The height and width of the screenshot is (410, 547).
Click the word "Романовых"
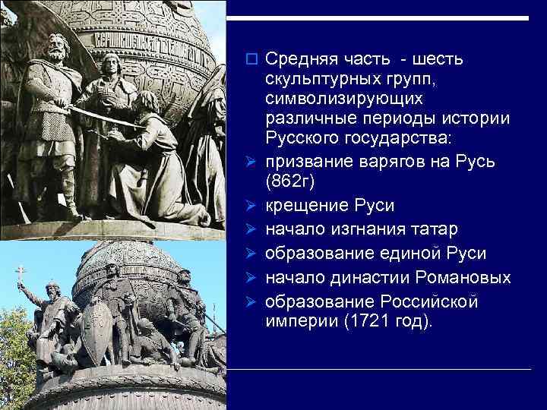pyautogui.click(x=462, y=277)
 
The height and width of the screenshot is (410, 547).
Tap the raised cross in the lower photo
pyautogui.click(x=21, y=272)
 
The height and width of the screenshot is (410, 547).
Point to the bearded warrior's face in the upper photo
pyautogui.click(x=56, y=50)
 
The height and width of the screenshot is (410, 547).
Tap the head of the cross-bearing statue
pyautogui.click(x=51, y=289)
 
